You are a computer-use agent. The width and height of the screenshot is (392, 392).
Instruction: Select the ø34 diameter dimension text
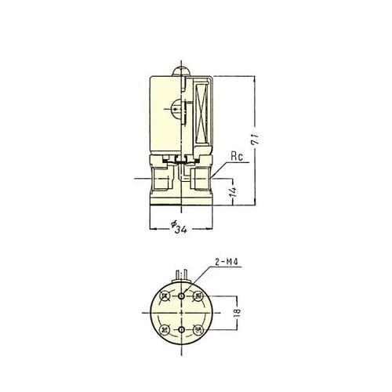[x=180, y=228]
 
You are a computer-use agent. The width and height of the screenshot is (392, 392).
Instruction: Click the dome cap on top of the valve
[x=180, y=72]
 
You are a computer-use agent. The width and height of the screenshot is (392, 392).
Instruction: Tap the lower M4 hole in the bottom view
[x=181, y=331]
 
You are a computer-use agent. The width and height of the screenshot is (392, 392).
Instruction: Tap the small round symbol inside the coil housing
[x=173, y=111]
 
